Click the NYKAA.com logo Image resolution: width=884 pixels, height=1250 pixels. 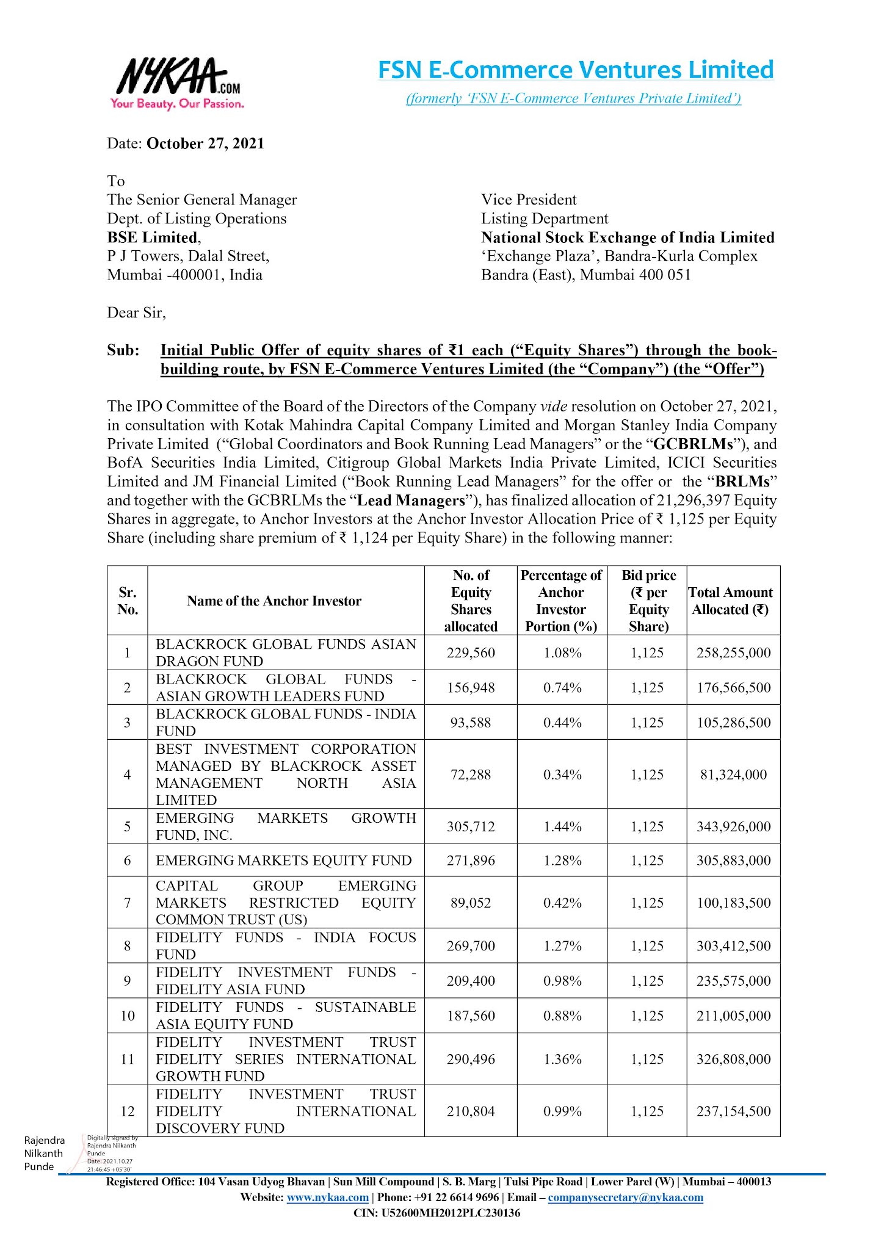[177, 82]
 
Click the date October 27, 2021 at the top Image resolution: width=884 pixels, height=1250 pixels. [205, 144]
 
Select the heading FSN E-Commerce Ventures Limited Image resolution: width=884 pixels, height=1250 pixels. [576, 70]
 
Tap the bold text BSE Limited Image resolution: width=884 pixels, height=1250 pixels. [153, 237]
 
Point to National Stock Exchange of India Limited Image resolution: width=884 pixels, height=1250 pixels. [628, 237]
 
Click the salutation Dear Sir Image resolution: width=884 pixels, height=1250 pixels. [136, 313]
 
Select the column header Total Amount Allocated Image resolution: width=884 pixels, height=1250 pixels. [731, 601]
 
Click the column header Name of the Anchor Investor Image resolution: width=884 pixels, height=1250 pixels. [274, 601]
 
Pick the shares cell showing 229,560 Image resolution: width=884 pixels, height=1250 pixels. [471, 653]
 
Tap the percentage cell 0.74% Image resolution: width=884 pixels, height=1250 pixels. [562, 688]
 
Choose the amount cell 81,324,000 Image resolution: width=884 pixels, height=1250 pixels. [733, 775]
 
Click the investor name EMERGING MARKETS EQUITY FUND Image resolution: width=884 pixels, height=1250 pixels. [284, 861]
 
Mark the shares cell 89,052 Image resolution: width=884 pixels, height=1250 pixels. [471, 903]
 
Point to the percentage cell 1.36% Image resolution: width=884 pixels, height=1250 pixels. [562, 1060]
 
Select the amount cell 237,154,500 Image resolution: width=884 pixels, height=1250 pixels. [733, 1111]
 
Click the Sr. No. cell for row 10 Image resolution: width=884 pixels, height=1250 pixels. [128, 1016]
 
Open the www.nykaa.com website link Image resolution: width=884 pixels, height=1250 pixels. [327, 1198]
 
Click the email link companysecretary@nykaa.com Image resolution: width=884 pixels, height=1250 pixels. [625, 1198]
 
